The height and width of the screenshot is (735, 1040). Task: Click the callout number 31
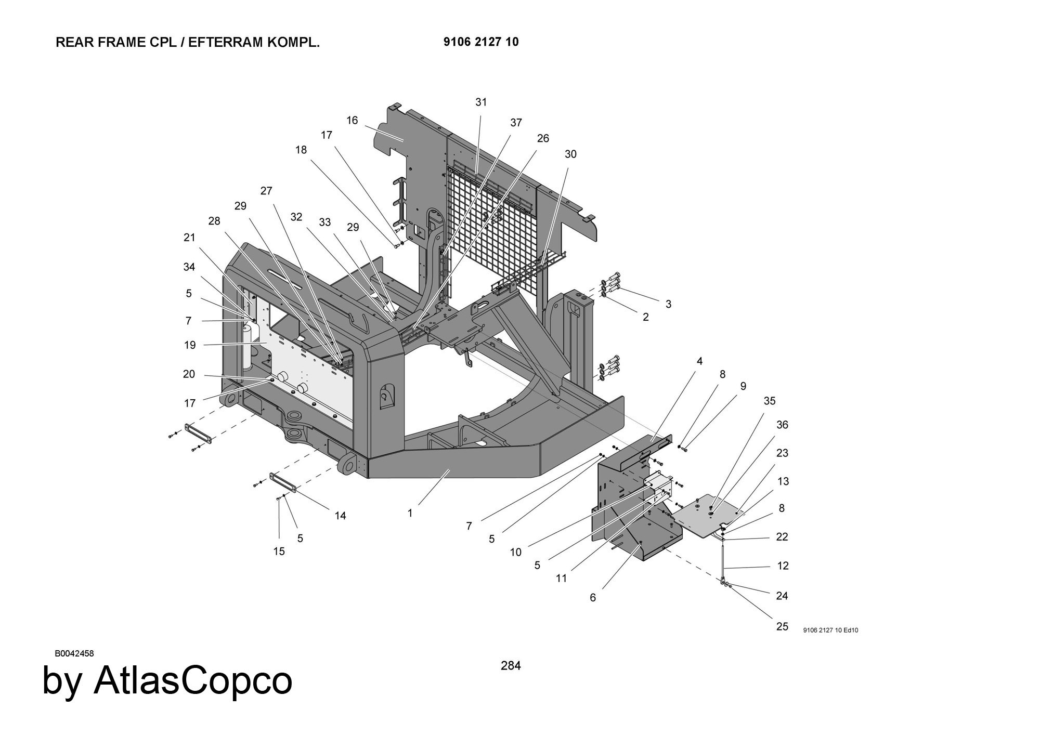tap(481, 102)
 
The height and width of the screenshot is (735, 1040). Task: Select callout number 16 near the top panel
tap(352, 121)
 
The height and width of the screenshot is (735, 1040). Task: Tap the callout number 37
tap(516, 123)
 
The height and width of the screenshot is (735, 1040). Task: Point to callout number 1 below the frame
tap(410, 514)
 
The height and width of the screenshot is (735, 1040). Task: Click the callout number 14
tap(340, 516)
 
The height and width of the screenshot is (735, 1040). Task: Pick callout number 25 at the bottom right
tap(782, 626)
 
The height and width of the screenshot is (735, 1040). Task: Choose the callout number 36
tap(782, 425)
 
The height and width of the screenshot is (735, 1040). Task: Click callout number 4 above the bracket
tap(699, 361)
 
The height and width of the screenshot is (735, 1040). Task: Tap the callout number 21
tap(189, 238)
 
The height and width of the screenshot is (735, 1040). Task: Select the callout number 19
tap(189, 345)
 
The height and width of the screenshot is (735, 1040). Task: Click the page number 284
tap(511, 665)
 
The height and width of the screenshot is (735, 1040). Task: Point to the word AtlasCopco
tap(193, 681)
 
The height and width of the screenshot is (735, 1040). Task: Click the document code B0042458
tap(74, 653)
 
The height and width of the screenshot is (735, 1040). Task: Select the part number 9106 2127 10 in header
tap(481, 42)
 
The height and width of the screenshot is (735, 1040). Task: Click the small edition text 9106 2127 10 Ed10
tap(831, 631)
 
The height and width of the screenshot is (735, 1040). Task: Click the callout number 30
tap(570, 154)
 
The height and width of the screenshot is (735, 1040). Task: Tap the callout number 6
tap(593, 598)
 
